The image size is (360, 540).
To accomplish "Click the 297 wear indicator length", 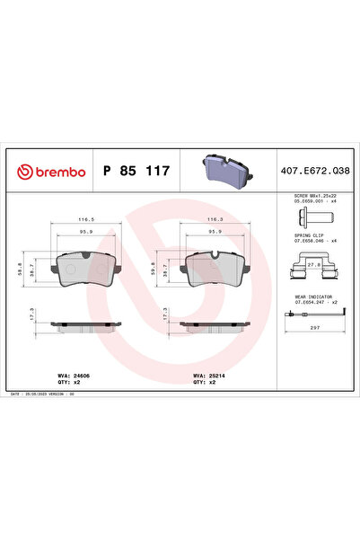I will (314, 329).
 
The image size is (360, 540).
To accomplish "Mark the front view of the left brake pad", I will (86, 267).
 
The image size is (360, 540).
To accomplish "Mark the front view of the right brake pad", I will (215, 267).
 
